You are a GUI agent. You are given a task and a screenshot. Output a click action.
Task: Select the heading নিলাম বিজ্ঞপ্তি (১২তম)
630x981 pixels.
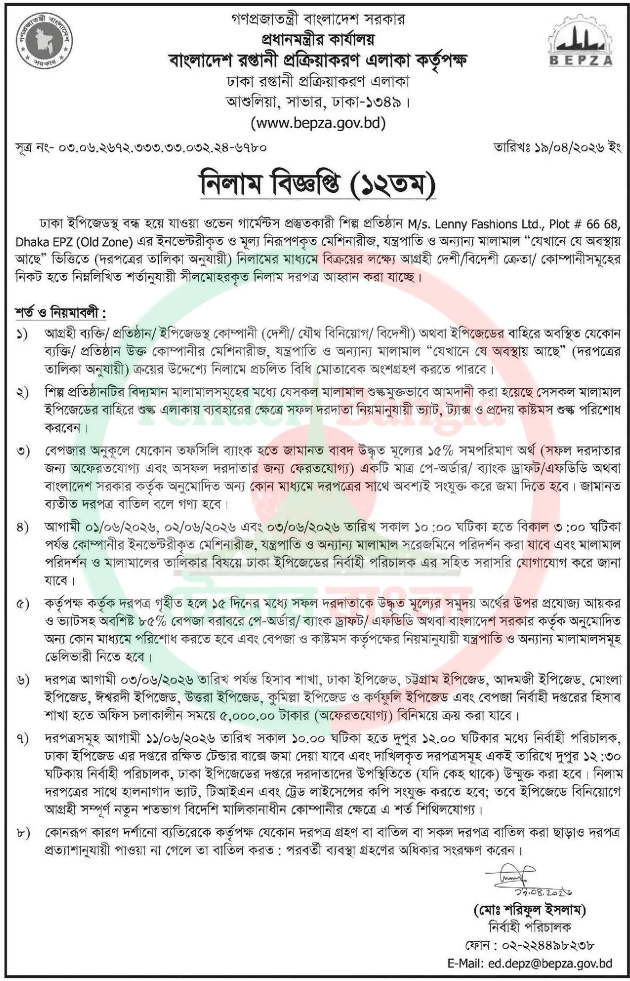click(317, 184)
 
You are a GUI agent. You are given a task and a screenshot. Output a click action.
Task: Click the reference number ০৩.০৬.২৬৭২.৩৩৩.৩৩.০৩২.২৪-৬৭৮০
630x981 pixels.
click(163, 148)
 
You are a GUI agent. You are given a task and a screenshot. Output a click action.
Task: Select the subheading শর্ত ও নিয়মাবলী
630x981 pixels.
click(60, 313)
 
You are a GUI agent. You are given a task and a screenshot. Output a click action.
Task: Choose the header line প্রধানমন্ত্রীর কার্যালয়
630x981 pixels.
click(317, 40)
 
